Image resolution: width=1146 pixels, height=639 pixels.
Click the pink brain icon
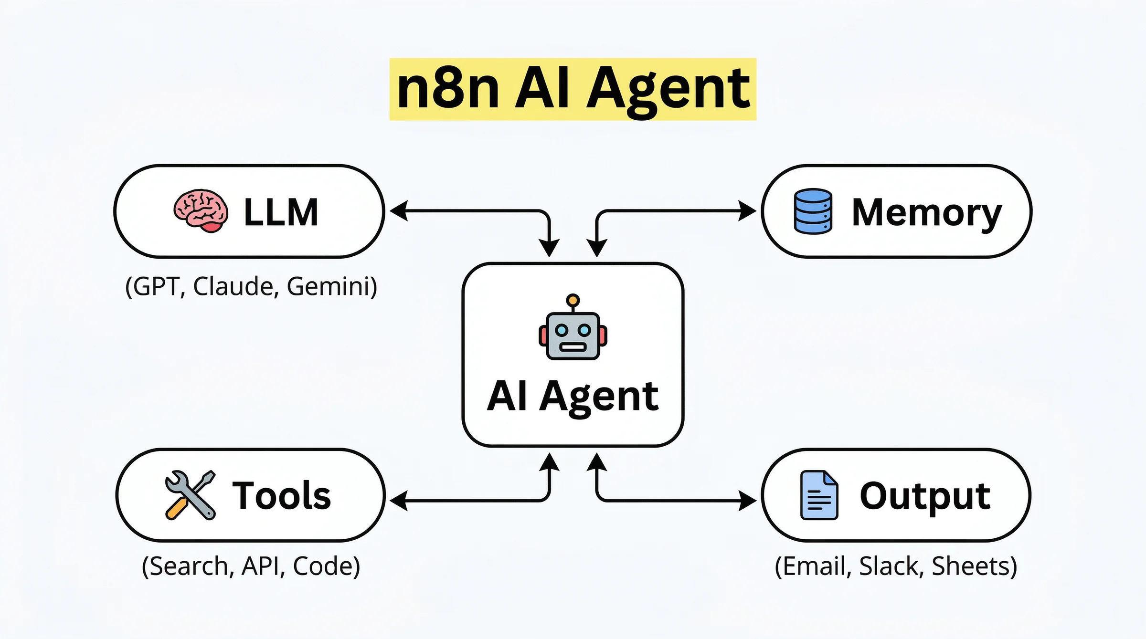201,211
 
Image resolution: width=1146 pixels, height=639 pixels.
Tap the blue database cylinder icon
813,211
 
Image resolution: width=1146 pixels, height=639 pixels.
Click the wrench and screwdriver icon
190,495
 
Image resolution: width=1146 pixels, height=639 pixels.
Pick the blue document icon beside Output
818,495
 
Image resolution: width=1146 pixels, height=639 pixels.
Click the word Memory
926,212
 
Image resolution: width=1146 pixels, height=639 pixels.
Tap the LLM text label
281,212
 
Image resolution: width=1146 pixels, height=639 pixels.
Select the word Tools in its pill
281,495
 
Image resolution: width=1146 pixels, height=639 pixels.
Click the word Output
925,496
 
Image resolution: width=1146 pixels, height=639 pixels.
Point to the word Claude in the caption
233,286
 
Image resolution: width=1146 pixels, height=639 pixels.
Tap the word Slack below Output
889,566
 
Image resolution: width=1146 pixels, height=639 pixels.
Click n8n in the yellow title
448,89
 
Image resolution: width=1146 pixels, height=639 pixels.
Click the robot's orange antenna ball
573,300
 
